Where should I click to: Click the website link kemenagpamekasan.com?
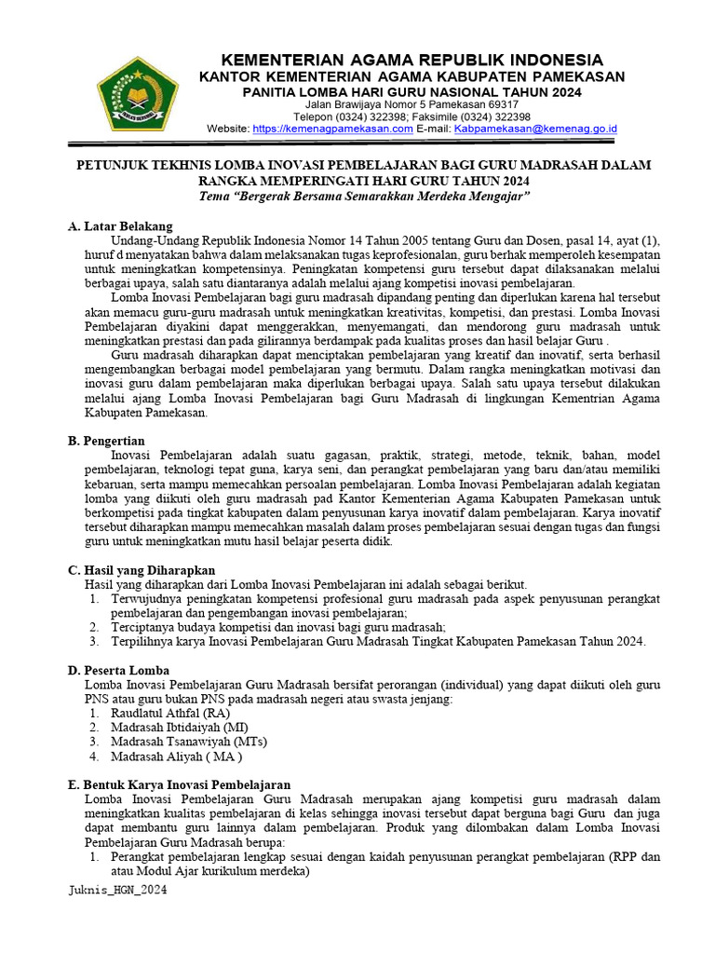pos(332,129)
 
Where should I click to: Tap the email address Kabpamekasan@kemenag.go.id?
pos(535,129)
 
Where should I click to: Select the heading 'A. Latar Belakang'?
pos(120,226)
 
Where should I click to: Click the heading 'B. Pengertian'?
pos(107,440)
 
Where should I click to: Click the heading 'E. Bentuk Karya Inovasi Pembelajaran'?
pos(180,784)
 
